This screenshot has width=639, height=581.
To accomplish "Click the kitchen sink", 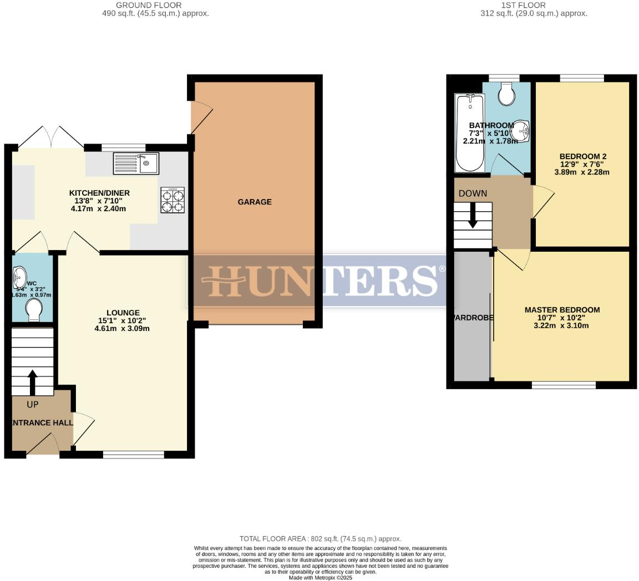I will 136,163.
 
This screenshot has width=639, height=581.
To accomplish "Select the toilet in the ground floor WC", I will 33,310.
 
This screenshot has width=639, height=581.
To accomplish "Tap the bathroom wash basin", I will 521,131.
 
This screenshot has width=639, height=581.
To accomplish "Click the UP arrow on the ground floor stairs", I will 32,383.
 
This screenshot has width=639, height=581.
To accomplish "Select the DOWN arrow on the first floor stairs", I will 473,215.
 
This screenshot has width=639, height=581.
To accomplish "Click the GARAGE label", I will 255,202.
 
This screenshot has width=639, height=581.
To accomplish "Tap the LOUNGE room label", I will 123,313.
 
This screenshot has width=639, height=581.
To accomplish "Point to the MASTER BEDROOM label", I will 562,310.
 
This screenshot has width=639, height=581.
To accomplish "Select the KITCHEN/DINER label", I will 99,193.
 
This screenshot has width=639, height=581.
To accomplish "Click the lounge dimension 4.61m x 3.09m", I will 122,328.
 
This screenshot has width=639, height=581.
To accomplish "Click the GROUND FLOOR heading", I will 149,5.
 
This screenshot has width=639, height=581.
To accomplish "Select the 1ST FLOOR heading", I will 523,5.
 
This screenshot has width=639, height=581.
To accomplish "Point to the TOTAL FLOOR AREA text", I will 320,538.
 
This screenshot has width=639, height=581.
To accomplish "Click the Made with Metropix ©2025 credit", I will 320,577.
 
